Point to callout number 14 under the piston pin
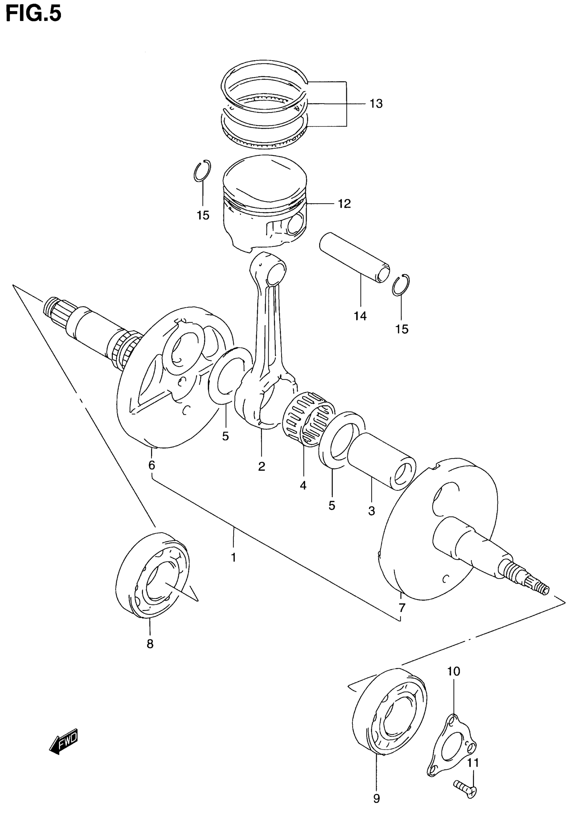click(x=360, y=315)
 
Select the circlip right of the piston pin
click(x=402, y=285)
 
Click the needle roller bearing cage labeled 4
click(x=309, y=419)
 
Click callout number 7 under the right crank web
click(x=402, y=608)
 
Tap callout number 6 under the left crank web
click(x=152, y=465)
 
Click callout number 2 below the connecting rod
click(x=262, y=466)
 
